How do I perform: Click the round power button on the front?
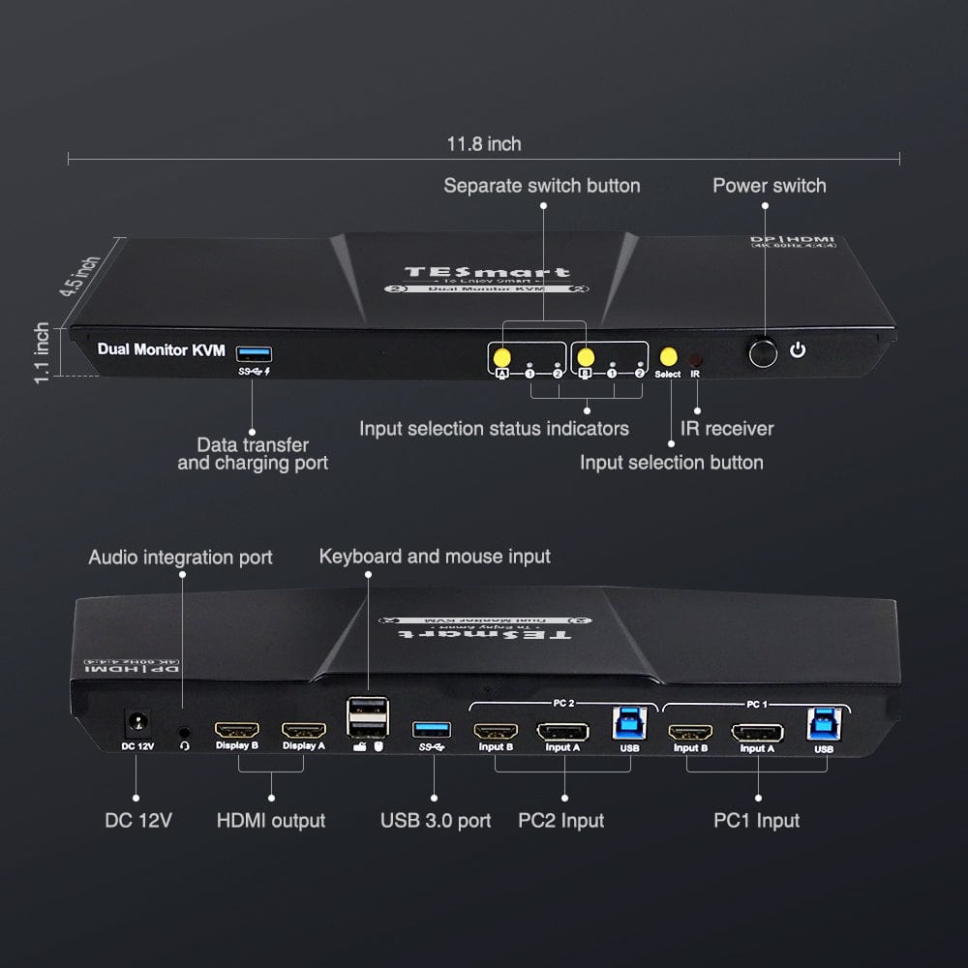(x=763, y=352)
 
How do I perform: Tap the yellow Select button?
(x=667, y=356)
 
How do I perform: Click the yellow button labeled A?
(x=501, y=356)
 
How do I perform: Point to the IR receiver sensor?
(x=695, y=357)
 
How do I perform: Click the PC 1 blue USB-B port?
(x=822, y=723)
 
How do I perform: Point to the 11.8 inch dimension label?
(x=484, y=144)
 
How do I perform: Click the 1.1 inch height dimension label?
(x=42, y=352)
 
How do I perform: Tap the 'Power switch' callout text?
(x=770, y=185)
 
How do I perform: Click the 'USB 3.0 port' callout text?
(x=436, y=821)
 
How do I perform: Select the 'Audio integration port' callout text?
(x=181, y=557)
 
